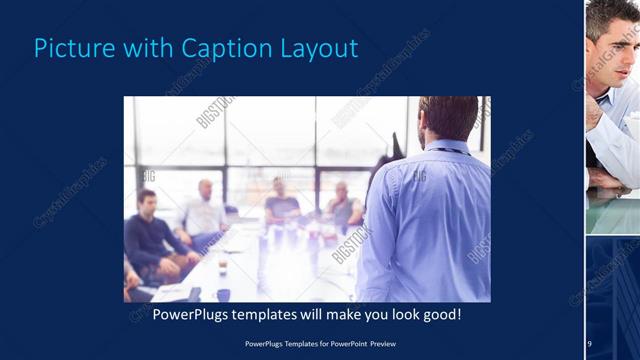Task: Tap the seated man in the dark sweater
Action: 151,234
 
